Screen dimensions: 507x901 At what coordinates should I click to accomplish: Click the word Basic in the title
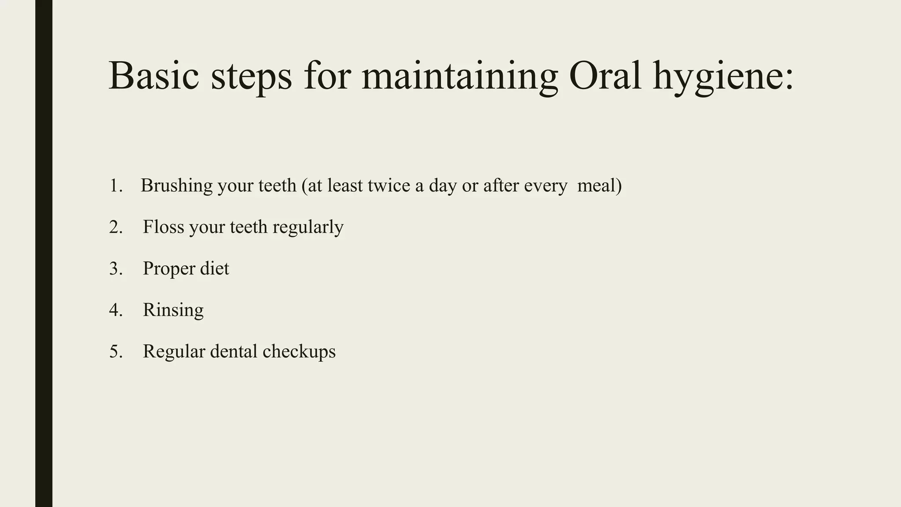154,76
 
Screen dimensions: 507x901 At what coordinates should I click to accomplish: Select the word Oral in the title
605,76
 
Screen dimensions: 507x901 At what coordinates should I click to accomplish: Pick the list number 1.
116,186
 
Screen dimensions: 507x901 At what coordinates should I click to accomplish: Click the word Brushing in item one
177,186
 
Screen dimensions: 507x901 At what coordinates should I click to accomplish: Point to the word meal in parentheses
596,186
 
